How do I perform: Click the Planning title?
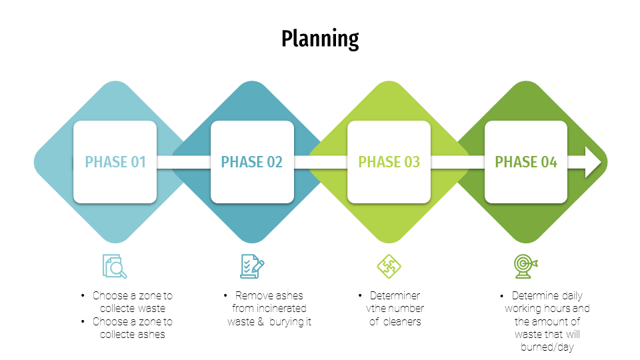click(320, 39)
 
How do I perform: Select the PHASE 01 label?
click(115, 162)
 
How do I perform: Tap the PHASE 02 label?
click(252, 162)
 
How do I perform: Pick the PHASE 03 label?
click(389, 162)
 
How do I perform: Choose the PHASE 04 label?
click(526, 162)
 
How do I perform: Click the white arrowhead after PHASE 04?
click(593, 162)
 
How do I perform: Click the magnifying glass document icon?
click(115, 266)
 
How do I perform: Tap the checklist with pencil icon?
click(252, 266)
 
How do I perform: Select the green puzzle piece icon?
click(389, 266)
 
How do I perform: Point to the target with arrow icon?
click(526, 266)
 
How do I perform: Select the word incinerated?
click(281, 309)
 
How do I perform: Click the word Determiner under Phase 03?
click(395, 295)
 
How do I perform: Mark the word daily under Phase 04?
click(572, 296)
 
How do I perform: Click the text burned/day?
click(547, 347)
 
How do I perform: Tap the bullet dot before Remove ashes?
click(225, 295)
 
